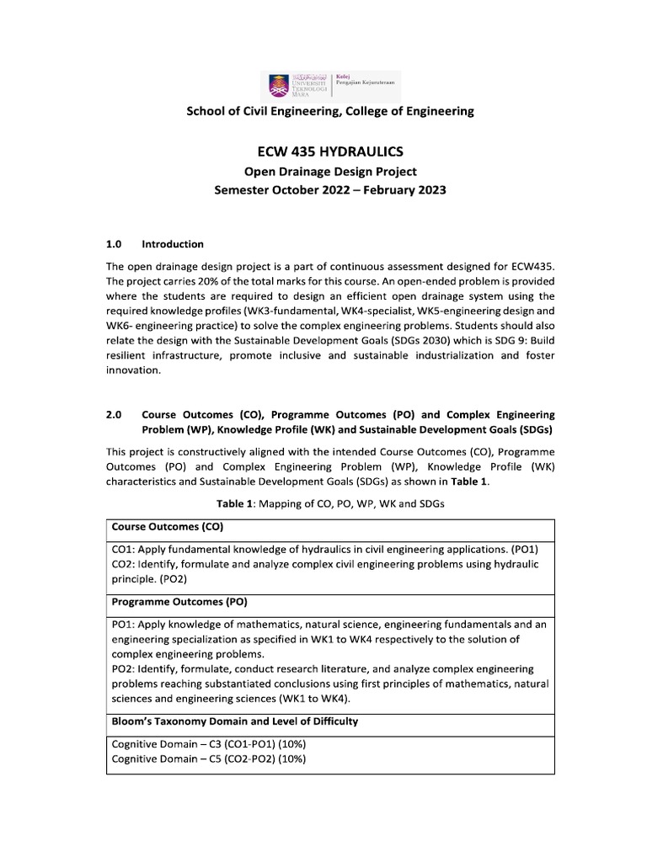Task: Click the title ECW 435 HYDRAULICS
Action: pos(329,152)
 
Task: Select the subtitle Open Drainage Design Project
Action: pos(329,172)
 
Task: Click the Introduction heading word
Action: pos(173,244)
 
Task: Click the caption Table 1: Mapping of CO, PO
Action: pos(329,503)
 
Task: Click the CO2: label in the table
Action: pos(126,563)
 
